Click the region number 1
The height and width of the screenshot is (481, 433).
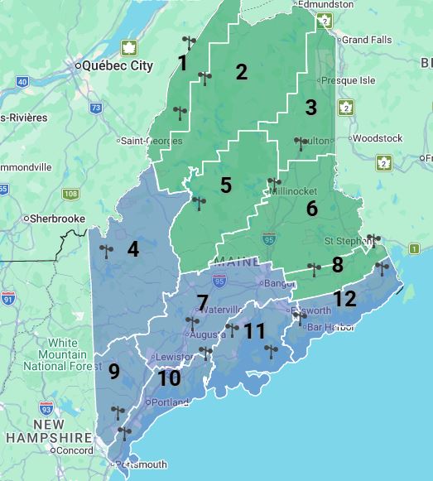pyautogui.click(x=182, y=63)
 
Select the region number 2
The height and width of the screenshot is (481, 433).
pyautogui.click(x=241, y=72)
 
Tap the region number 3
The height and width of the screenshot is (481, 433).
pyautogui.click(x=310, y=108)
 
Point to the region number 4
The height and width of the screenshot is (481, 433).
pyautogui.click(x=132, y=248)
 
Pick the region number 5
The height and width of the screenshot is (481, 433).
pyautogui.click(x=225, y=185)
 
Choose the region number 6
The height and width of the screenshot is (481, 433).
pyautogui.click(x=311, y=208)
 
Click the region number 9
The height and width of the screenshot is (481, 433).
pyautogui.click(x=114, y=372)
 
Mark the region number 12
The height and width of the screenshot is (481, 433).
pyautogui.click(x=344, y=299)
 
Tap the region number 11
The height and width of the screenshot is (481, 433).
pyautogui.click(x=254, y=332)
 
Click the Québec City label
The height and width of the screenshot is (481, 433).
pyautogui.click(x=118, y=66)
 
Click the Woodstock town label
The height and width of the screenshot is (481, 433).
pyautogui.click(x=377, y=138)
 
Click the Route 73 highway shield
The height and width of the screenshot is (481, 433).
pyautogui.click(x=96, y=108)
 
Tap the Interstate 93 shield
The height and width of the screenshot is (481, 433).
pyautogui.click(x=46, y=408)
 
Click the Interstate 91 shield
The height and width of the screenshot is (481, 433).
pyautogui.click(x=8, y=297)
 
